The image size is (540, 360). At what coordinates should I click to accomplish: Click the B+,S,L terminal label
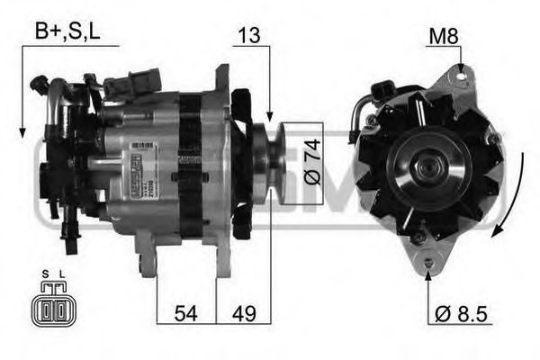click(67, 32)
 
